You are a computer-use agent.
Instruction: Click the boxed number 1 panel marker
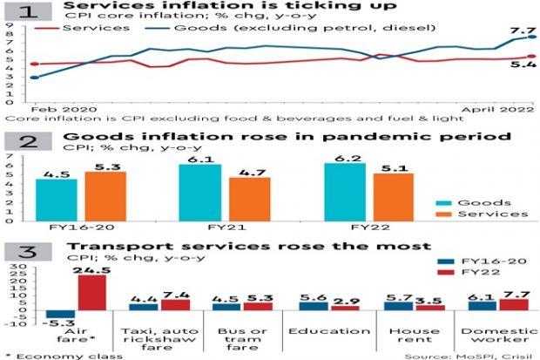[x=29, y=11]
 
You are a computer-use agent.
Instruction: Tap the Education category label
[x=318, y=331]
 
